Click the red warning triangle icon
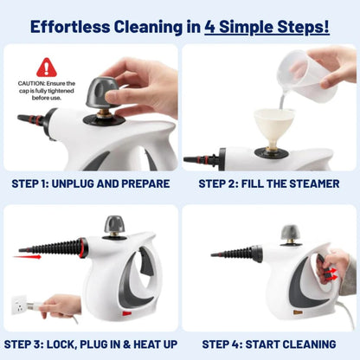pos(46,67)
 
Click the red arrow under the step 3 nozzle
pos(31,254)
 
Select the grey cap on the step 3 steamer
pos(115,225)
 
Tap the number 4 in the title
pos(211,26)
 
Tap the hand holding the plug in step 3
pos(65,305)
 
